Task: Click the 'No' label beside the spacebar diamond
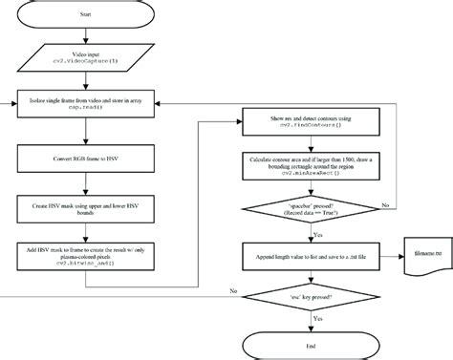point(384,204)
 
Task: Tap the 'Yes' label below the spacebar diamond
point(318,235)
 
